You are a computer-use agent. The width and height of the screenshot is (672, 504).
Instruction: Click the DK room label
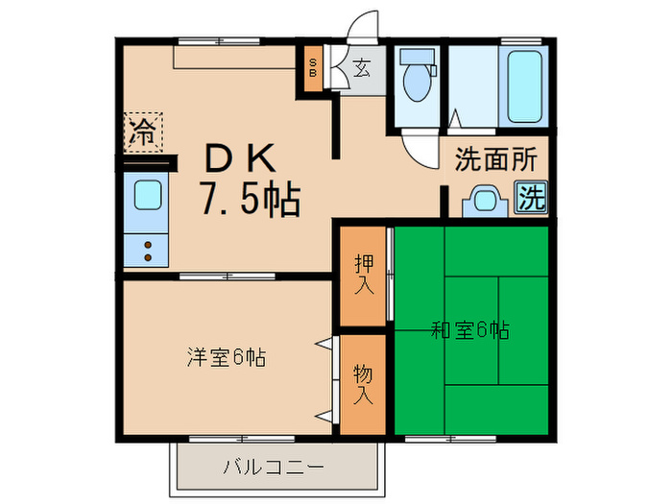tap(240, 156)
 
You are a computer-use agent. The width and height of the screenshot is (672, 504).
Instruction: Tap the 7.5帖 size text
tap(250, 199)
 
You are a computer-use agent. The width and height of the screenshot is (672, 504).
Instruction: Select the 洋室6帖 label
tap(226, 357)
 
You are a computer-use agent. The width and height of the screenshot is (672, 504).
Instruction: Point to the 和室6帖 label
tap(469, 331)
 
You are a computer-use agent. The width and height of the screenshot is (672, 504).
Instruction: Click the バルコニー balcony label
tap(274, 467)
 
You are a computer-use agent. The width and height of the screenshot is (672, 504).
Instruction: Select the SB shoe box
tap(313, 68)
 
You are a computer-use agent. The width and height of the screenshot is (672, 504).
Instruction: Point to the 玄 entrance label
tap(362, 68)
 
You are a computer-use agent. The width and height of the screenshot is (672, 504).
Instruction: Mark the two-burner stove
tap(148, 251)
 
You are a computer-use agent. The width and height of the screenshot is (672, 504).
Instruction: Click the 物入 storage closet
tap(364, 383)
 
